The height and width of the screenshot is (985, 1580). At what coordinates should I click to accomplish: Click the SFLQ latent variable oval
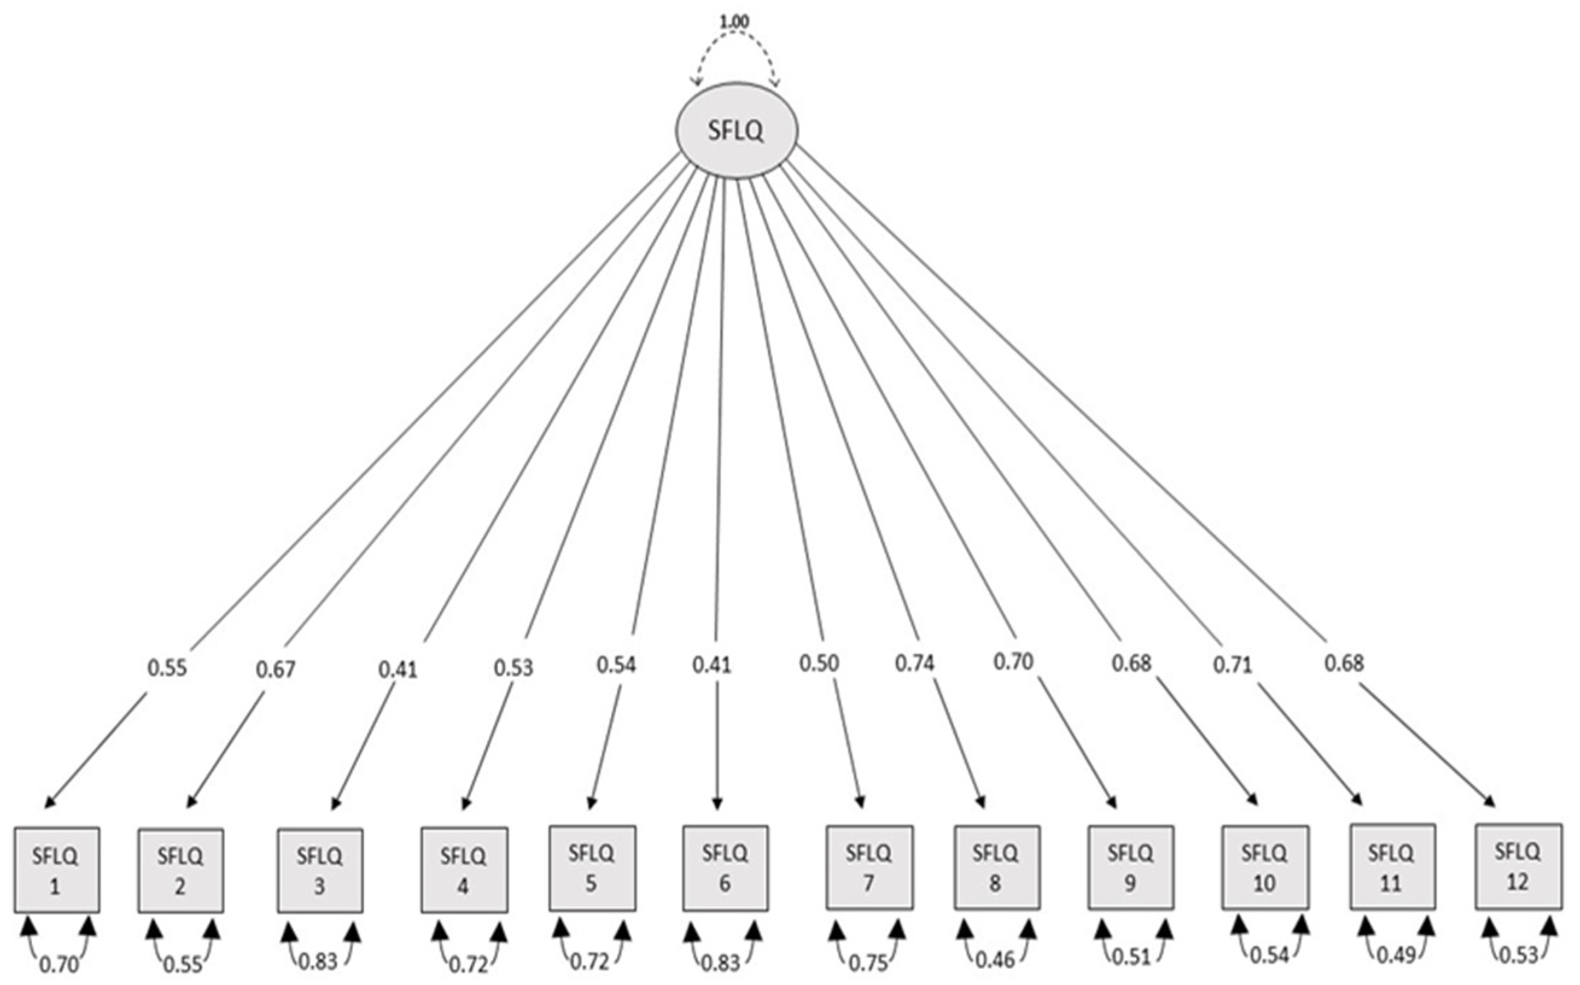[x=735, y=130]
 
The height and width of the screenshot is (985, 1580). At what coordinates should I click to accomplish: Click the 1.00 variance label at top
[x=734, y=22]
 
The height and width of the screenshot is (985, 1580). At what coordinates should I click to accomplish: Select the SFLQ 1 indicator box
[x=57, y=870]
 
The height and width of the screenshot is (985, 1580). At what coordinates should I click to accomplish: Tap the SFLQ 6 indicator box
[x=725, y=868]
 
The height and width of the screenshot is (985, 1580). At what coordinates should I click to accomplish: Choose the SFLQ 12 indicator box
[x=1518, y=866]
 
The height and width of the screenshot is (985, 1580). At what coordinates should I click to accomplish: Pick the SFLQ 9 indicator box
[x=1131, y=868]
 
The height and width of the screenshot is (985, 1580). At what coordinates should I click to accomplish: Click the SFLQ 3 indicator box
[x=320, y=870]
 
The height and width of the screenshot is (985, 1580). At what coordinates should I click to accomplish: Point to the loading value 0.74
[x=913, y=662]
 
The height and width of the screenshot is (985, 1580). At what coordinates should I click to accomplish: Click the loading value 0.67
[x=275, y=669]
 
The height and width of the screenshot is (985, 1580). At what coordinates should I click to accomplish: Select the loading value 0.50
[x=819, y=662]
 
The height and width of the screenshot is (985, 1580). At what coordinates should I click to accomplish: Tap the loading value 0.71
[x=1232, y=665]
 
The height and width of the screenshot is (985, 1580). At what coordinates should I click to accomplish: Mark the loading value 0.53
[x=513, y=667]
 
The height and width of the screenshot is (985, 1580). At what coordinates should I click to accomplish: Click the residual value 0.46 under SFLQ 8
[x=995, y=960]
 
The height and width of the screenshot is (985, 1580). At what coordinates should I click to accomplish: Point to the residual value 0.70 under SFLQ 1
[x=59, y=964]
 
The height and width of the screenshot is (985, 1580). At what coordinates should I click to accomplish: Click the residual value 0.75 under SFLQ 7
[x=869, y=962]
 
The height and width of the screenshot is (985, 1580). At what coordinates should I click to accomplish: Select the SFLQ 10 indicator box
[x=1264, y=868]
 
